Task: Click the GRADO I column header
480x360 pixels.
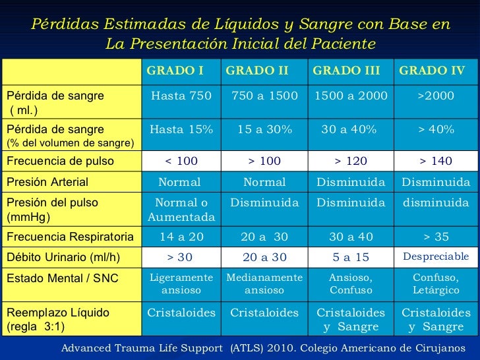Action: [x=175, y=71]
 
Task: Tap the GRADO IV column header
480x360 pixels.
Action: [x=432, y=71]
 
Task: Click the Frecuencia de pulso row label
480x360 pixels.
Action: [x=61, y=160]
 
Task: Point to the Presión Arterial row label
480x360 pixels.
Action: [x=47, y=181]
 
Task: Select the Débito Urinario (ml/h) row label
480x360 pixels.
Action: [x=63, y=256]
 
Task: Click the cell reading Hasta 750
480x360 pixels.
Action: [x=181, y=96]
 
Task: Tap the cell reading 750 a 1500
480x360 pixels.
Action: [x=264, y=96]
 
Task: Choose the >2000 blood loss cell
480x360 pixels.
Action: [x=436, y=96]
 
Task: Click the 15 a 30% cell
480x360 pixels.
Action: [x=264, y=129]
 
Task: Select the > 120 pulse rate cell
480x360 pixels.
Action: [x=351, y=160]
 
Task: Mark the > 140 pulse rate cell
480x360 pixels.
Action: [x=436, y=160]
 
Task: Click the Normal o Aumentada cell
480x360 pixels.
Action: [x=181, y=210]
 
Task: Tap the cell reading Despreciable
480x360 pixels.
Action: [x=436, y=256]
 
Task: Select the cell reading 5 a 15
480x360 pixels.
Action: [x=351, y=256]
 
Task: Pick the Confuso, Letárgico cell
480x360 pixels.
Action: [x=436, y=284]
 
